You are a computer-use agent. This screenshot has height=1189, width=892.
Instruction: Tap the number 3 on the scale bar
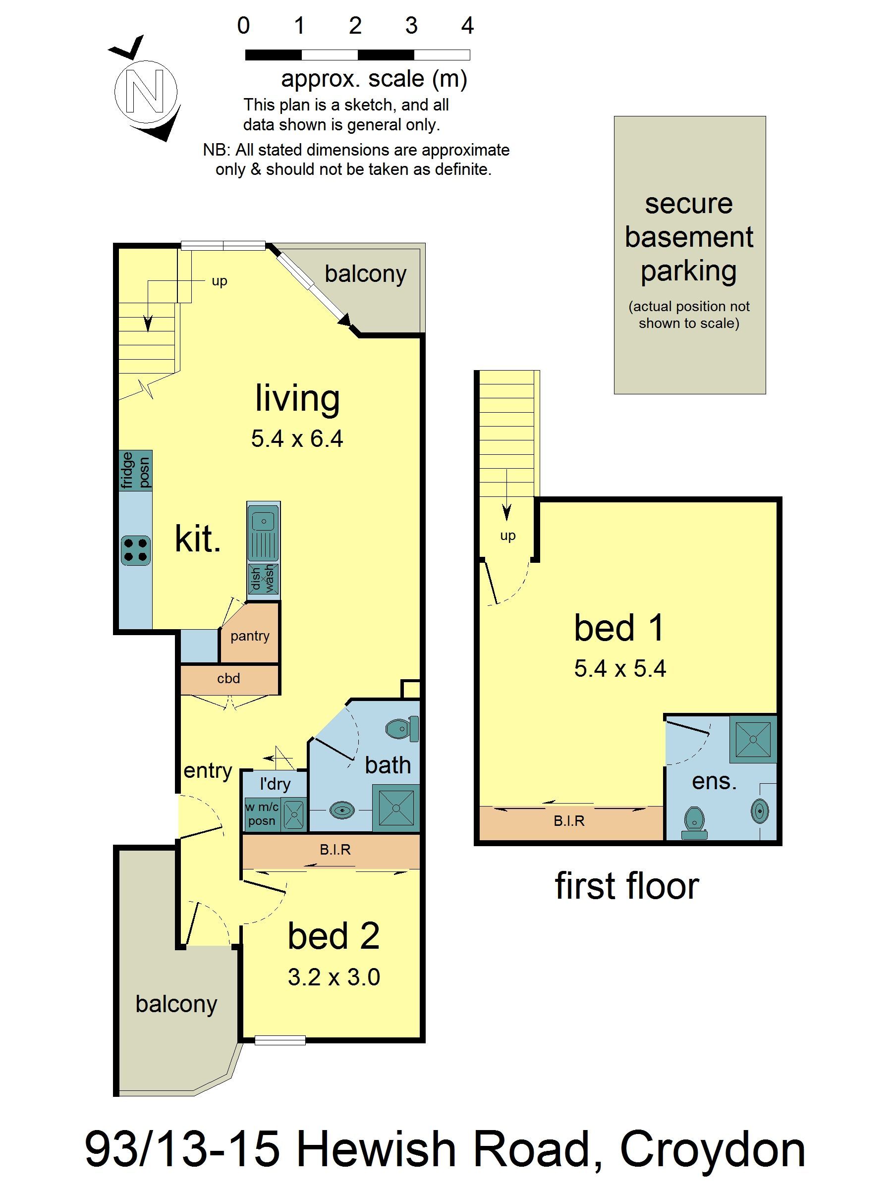[x=411, y=25]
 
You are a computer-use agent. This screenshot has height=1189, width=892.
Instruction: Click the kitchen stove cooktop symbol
[x=135, y=550]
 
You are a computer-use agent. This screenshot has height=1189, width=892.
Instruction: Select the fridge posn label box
[x=135, y=470]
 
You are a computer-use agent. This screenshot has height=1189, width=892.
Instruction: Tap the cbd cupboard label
[x=228, y=678]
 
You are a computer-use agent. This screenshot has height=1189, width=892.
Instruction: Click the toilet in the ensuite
[x=695, y=822]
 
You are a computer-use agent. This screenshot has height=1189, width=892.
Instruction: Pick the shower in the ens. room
[x=753, y=740]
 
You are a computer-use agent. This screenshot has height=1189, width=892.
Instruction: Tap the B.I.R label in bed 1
[x=569, y=821]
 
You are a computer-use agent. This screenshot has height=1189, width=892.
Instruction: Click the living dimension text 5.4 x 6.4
[x=297, y=438]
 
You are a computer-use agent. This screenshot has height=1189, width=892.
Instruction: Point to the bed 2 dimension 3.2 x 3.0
[x=334, y=976]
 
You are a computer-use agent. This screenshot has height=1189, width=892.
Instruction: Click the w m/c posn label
[x=262, y=813]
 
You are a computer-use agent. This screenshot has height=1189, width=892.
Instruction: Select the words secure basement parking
[x=689, y=237]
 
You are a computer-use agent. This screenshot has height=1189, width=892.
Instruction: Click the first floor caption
[x=626, y=886]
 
